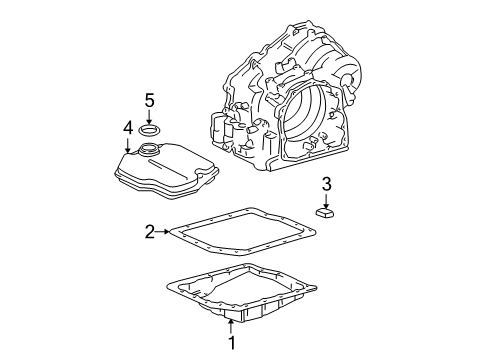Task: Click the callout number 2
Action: (150, 233)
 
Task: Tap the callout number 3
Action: (326, 183)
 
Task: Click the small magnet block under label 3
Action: (326, 213)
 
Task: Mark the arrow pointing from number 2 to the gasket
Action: (164, 233)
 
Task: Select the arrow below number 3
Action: (326, 198)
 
